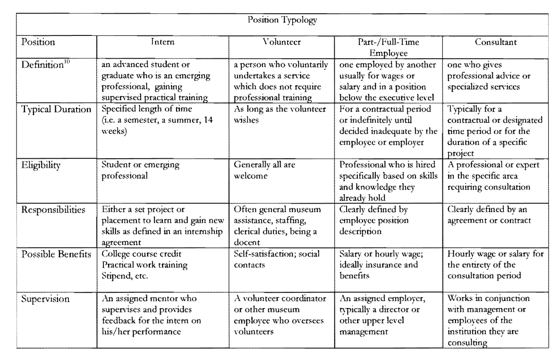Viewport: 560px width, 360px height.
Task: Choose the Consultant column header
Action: click(494, 43)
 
